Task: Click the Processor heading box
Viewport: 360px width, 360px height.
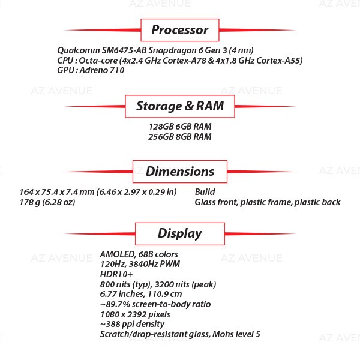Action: tap(179, 30)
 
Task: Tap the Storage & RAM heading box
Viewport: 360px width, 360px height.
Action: tap(179, 107)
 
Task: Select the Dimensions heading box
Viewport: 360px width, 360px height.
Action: tap(179, 172)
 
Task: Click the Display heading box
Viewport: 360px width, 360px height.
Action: tap(179, 233)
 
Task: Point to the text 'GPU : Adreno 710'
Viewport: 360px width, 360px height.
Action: tap(90, 71)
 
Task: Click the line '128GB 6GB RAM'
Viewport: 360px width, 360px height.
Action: tap(180, 127)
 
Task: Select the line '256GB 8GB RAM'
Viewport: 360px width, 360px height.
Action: tap(180, 137)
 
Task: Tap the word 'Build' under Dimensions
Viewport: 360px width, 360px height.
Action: tap(205, 192)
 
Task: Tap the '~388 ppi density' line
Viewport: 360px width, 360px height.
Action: tap(130, 324)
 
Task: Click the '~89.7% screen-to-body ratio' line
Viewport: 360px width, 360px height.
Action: tap(155, 304)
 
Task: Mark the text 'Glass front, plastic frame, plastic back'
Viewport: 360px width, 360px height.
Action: tap(267, 202)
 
